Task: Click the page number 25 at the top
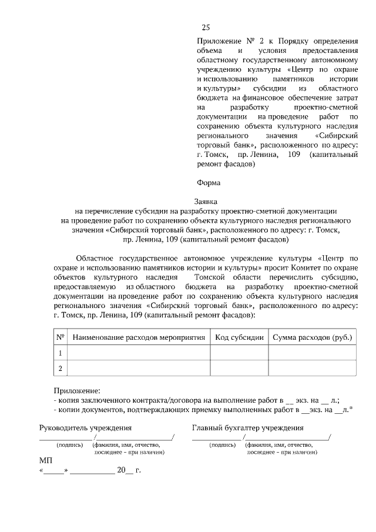(x=206, y=27)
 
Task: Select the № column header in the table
(x=60, y=337)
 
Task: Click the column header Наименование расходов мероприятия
(x=139, y=337)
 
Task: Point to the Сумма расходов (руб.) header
(x=311, y=337)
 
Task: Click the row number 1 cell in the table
(x=60, y=353)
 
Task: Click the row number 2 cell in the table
(x=60, y=369)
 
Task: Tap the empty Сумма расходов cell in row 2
(x=311, y=369)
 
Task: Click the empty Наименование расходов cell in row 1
(x=139, y=353)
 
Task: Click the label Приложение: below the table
(x=76, y=390)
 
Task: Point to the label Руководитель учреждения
(x=85, y=428)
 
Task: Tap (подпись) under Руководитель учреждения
(x=69, y=446)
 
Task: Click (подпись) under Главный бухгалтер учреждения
(x=223, y=446)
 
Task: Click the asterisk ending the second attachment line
(x=351, y=408)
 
